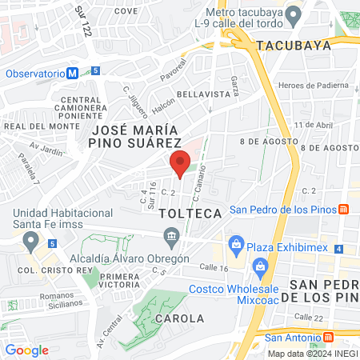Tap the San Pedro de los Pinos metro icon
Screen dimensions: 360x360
tap(343, 210)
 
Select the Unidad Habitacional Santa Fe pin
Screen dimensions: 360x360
tap(31, 239)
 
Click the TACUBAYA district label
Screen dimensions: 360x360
tap(294, 46)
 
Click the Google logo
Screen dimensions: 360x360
tap(27, 350)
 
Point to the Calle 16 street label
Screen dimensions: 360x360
tap(214, 268)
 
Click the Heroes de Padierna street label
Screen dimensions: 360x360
tap(313, 86)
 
